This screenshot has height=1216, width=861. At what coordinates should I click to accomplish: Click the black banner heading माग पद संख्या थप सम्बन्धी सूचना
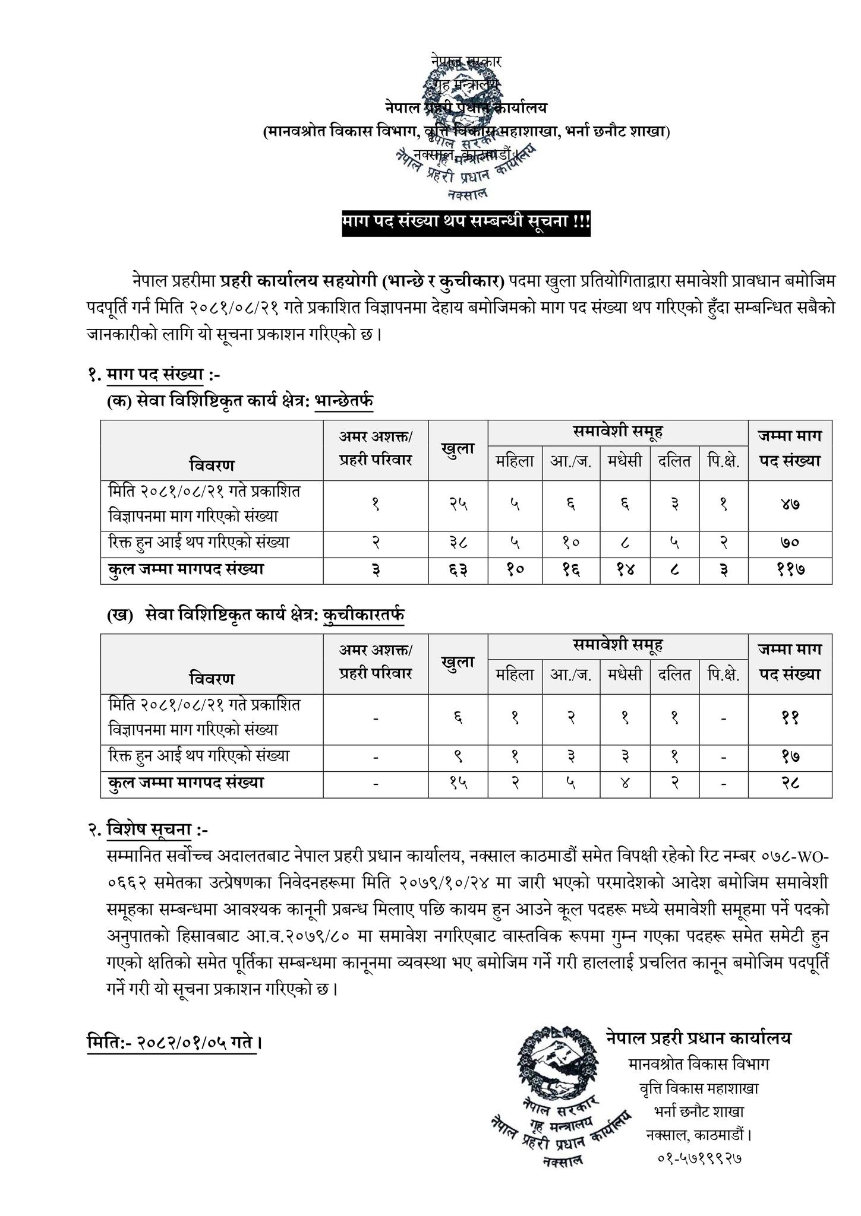466,223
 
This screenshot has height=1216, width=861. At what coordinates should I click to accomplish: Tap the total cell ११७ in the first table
790,570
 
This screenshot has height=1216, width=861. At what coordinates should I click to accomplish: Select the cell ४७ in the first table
790,505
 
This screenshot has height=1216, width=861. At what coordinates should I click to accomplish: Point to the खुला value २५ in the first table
458,505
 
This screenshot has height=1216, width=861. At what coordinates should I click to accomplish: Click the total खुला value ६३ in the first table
458,570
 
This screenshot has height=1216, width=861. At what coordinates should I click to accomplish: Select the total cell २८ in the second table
790,783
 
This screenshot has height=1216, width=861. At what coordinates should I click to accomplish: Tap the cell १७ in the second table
790,756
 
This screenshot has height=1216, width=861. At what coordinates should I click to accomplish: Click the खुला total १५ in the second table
458,783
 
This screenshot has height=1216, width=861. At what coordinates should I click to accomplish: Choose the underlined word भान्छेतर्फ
344,402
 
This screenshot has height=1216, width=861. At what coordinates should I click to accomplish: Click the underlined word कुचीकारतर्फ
364,616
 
